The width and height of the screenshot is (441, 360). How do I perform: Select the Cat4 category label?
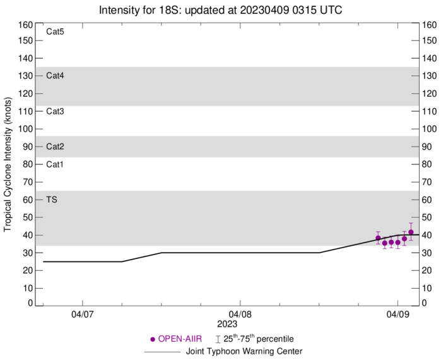pyautogui.click(x=56, y=76)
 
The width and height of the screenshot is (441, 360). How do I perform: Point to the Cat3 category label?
pyautogui.click(x=56, y=111)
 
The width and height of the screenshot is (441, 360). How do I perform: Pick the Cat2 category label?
pyautogui.click(x=56, y=147)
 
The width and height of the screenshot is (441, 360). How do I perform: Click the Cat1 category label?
pyautogui.click(x=56, y=164)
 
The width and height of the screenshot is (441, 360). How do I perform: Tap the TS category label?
pyautogui.click(x=52, y=200)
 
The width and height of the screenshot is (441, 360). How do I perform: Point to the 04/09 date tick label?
pyautogui.click(x=397, y=313)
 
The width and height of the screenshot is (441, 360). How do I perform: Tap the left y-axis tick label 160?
pyautogui.click(x=26, y=25)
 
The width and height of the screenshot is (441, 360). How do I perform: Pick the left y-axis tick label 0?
pyautogui.click(x=30, y=304)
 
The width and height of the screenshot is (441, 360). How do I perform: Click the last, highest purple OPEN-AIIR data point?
pyautogui.click(x=411, y=232)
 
